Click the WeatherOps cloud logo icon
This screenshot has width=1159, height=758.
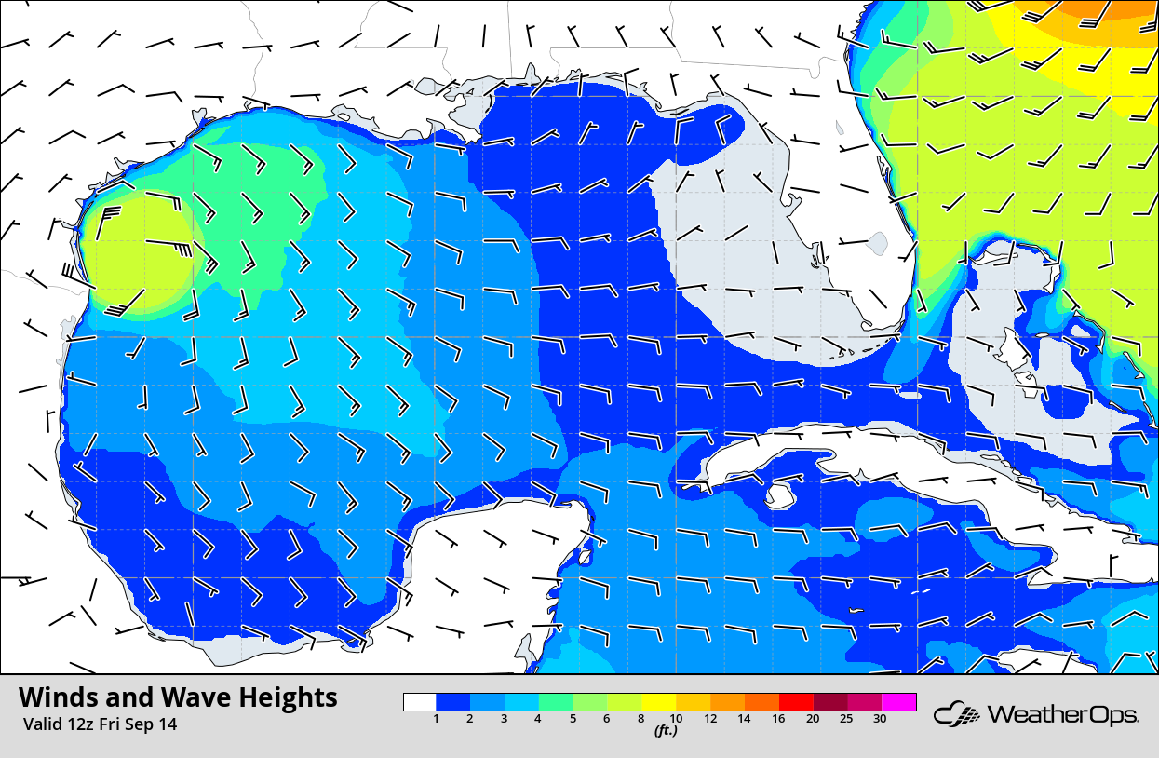pyautogui.click(x=955, y=715)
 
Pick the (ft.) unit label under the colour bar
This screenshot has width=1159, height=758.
pyautogui.click(x=665, y=731)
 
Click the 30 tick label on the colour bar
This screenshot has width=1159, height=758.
pyautogui.click(x=880, y=719)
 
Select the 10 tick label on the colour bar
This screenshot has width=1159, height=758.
pyautogui.click(x=676, y=719)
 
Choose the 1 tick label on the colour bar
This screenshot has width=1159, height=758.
pyautogui.click(x=437, y=719)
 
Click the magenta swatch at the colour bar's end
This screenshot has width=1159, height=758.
pyautogui.click(x=899, y=702)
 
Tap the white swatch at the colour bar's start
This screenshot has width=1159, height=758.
pyautogui.click(x=420, y=702)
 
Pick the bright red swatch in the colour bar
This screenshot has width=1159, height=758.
pyautogui.click(x=796, y=702)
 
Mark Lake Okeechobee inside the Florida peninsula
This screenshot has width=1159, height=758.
pyautogui.click(x=875, y=244)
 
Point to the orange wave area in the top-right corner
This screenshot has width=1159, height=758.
pyautogui.click(x=1108, y=14)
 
